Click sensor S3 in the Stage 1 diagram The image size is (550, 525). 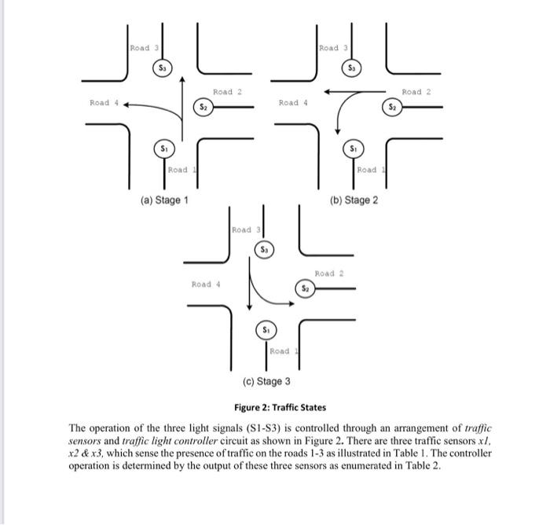(x=163, y=69)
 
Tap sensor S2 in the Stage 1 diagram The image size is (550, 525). (x=203, y=105)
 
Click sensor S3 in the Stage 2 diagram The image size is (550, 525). (x=352, y=69)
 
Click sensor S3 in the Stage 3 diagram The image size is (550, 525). (x=265, y=249)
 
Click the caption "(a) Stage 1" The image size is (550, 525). (x=164, y=200)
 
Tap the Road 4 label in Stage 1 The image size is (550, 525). (x=100, y=102)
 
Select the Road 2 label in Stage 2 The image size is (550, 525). (x=416, y=92)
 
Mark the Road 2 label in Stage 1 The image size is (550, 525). (x=226, y=92)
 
